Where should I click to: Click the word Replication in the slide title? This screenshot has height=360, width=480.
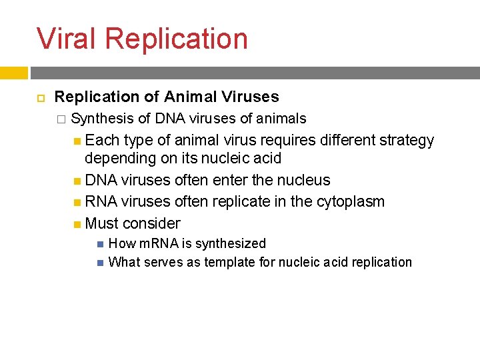pyautogui.click(x=176, y=39)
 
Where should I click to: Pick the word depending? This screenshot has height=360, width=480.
pyautogui.click(x=118, y=159)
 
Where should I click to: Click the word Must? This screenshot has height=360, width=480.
pyautogui.click(x=103, y=223)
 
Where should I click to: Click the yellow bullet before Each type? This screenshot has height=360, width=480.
pyautogui.click(x=78, y=141)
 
